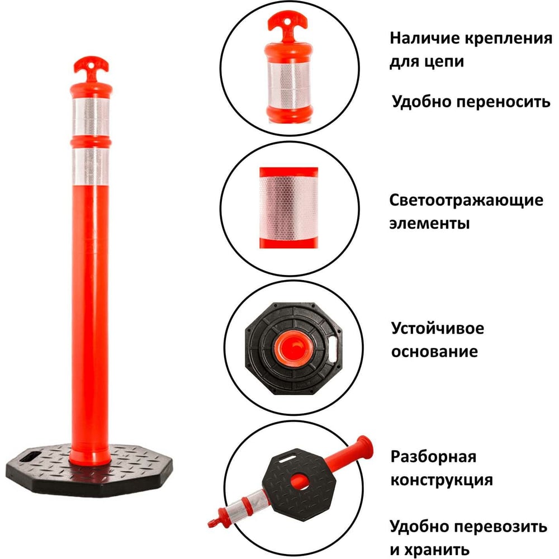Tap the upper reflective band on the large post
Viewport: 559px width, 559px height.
tap(91, 117)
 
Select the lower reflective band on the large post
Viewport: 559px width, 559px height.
tap(91, 167)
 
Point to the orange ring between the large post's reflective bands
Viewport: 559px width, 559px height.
tap(91, 142)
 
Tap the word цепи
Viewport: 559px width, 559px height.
tap(446, 62)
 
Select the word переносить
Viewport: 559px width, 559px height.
tap(505, 102)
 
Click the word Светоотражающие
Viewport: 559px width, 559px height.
tap(466, 201)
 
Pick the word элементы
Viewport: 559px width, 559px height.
tap(429, 224)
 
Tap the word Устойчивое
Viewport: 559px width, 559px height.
tap(438, 328)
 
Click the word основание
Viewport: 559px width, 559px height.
tap(434, 352)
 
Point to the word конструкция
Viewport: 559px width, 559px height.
tap(442, 480)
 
